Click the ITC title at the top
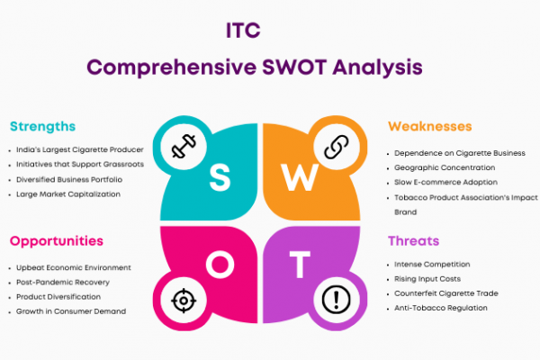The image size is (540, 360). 243,31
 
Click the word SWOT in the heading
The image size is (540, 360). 294,67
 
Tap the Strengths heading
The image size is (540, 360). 42,127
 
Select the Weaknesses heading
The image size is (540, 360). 430,126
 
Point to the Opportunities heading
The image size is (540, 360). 57,241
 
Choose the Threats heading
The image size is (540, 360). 414,241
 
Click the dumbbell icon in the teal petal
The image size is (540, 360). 184,146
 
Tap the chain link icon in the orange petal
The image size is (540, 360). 336,147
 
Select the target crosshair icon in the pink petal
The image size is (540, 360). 184,301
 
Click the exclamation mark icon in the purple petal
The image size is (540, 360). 336,300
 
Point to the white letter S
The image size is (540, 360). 220,177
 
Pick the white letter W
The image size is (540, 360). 300,177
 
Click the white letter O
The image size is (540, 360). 220,265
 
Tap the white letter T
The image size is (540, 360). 300,265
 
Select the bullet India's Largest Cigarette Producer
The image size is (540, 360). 80,150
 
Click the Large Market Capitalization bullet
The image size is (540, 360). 68,194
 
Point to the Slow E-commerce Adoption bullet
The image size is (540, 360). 445,182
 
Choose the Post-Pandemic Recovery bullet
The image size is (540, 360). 63,283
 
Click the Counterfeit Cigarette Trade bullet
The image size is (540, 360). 446,293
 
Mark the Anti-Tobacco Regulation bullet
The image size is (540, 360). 441,308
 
